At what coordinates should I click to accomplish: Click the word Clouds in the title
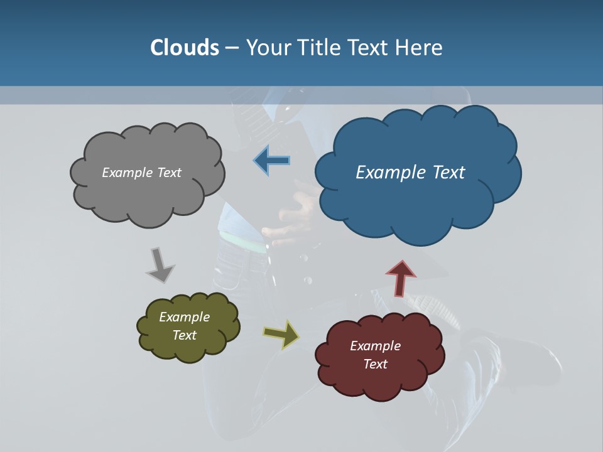tap(184, 48)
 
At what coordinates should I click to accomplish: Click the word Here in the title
tap(420, 48)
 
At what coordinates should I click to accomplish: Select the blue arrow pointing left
tap(273, 161)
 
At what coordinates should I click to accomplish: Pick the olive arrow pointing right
tap(281, 334)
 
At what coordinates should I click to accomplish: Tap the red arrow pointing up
tap(401, 277)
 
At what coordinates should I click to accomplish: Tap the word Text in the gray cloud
tap(168, 173)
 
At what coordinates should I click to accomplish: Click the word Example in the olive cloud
tap(184, 317)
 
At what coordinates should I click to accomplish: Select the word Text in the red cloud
tap(375, 364)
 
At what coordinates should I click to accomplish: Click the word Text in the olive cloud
tap(184, 335)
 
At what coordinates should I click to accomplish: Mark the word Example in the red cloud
tap(375, 346)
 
